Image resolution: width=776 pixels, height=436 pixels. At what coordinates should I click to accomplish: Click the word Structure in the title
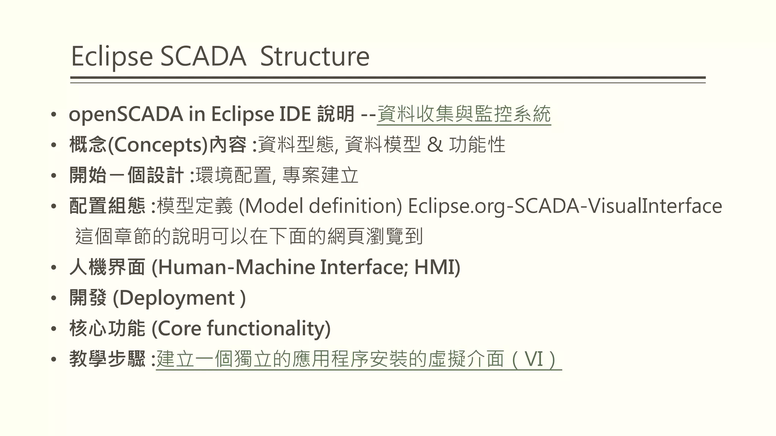pyautogui.click(x=314, y=57)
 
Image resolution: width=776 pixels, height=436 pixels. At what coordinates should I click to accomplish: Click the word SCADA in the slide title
pyautogui.click(x=203, y=57)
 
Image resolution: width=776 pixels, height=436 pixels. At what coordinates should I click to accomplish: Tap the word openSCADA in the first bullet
pyautogui.click(x=126, y=114)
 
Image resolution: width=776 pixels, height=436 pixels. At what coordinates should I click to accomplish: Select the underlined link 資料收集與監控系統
pyautogui.click(x=464, y=114)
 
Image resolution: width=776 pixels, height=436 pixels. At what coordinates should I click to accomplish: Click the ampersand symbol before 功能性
pyautogui.click(x=435, y=145)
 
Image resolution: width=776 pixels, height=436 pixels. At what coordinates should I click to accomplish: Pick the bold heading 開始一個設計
pyautogui.click(x=127, y=176)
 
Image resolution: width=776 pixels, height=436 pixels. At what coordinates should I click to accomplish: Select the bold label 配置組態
pyautogui.click(x=107, y=206)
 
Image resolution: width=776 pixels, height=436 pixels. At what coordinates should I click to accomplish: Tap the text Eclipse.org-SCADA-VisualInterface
pyautogui.click(x=565, y=206)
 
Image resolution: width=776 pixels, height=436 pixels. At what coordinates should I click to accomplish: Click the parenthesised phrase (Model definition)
pyautogui.click(x=320, y=206)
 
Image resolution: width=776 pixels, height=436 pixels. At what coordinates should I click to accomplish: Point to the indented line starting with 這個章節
pyautogui.click(x=249, y=237)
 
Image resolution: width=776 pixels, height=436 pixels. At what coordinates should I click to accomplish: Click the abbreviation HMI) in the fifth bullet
pyautogui.click(x=437, y=267)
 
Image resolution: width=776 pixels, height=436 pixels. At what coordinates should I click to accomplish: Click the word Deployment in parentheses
pyautogui.click(x=177, y=298)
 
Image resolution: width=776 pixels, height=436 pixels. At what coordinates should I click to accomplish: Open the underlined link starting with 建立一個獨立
pyautogui.click(x=358, y=359)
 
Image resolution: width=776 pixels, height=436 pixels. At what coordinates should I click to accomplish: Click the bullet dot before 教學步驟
pyautogui.click(x=54, y=359)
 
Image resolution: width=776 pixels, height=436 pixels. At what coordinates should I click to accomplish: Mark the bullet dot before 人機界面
pyautogui.click(x=54, y=268)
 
